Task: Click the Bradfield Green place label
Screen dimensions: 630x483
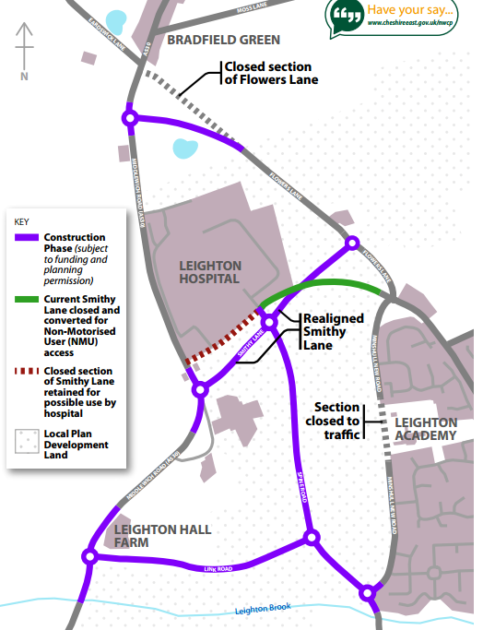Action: point(223,40)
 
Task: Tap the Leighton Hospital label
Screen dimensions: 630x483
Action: point(208,271)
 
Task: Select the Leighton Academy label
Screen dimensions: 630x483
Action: point(425,427)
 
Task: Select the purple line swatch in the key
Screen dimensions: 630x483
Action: point(27,238)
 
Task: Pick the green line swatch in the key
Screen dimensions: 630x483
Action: point(27,300)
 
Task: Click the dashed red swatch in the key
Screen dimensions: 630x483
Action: point(27,371)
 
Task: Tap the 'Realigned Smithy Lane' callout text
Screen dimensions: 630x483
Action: point(334,331)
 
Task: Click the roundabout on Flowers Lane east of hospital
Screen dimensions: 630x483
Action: point(351,243)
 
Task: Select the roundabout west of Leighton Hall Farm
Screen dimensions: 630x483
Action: point(89,555)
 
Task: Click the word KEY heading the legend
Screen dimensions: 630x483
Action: point(22,221)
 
